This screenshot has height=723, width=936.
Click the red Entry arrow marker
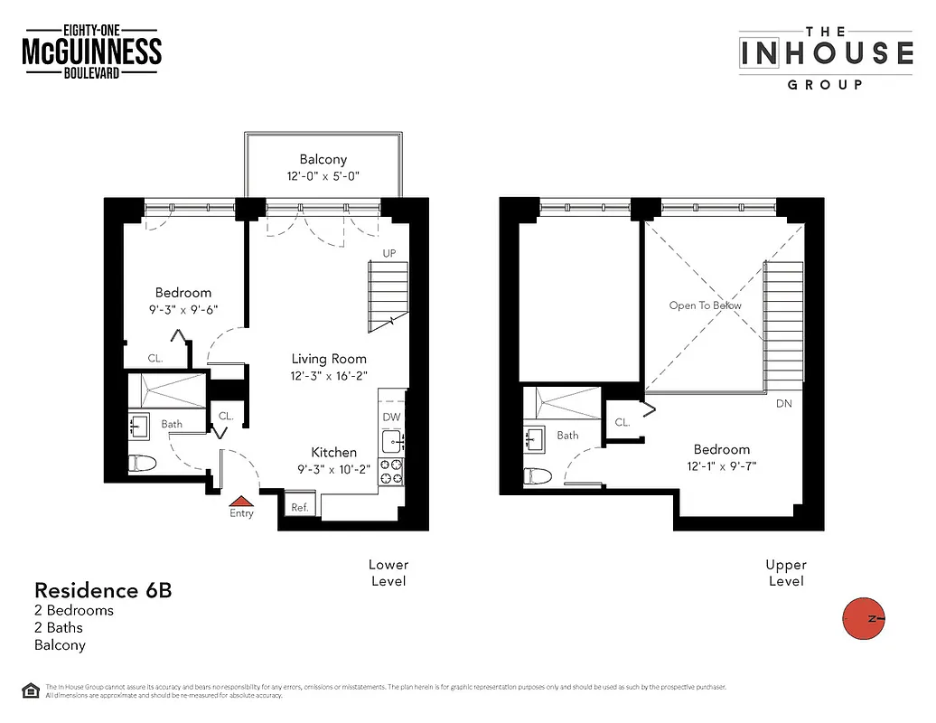tap(240, 500)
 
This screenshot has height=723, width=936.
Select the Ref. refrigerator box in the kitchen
tap(300, 507)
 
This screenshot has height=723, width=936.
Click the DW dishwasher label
tap(392, 418)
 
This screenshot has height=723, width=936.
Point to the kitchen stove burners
tap(392, 470)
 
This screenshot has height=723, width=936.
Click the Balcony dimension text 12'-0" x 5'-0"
tap(323, 176)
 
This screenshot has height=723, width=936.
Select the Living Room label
tap(329, 358)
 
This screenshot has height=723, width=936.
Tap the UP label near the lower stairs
tap(389, 253)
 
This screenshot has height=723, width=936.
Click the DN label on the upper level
tap(783, 403)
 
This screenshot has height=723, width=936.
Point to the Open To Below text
tap(705, 305)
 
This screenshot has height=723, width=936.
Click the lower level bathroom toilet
tap(143, 464)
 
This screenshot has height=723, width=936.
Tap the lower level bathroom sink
tap(140, 425)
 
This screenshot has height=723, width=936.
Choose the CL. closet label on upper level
tap(622, 422)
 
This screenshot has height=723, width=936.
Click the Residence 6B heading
tap(102, 591)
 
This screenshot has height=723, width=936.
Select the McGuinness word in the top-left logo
tap(91, 52)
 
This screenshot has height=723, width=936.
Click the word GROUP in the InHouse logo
tap(825, 84)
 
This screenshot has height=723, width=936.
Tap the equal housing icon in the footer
tap(31, 690)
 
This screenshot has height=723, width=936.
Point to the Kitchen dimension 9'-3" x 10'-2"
tap(333, 469)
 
